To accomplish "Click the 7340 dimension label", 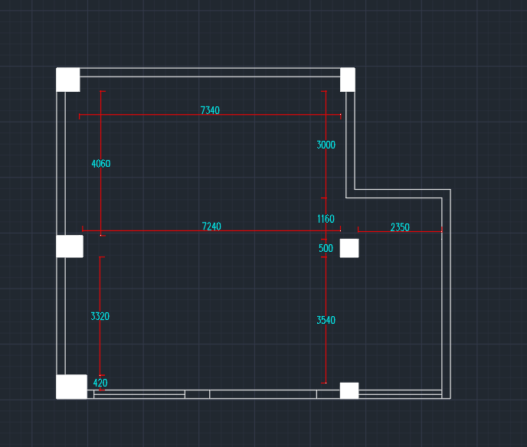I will pos(210,111).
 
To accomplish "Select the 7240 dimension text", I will pos(211,227).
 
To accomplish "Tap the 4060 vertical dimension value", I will pos(100,164).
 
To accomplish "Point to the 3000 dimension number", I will pos(326,145).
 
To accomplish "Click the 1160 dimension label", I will pos(326,220).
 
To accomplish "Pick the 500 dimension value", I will pos(326,248).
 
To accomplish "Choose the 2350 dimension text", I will pos(400,227).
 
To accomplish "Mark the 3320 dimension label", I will pos(100,316).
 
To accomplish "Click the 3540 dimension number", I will pos(326,321).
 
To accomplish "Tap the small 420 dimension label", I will pos(100,383).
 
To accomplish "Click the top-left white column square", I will pos(68,80).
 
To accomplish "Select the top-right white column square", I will pos(348,80).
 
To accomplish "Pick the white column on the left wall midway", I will pos(70,246).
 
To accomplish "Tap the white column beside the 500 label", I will pos(349,248).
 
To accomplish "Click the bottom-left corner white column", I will pos(71,387).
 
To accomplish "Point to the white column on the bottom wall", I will pos(349,390).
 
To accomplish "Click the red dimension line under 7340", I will pos(153,116).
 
